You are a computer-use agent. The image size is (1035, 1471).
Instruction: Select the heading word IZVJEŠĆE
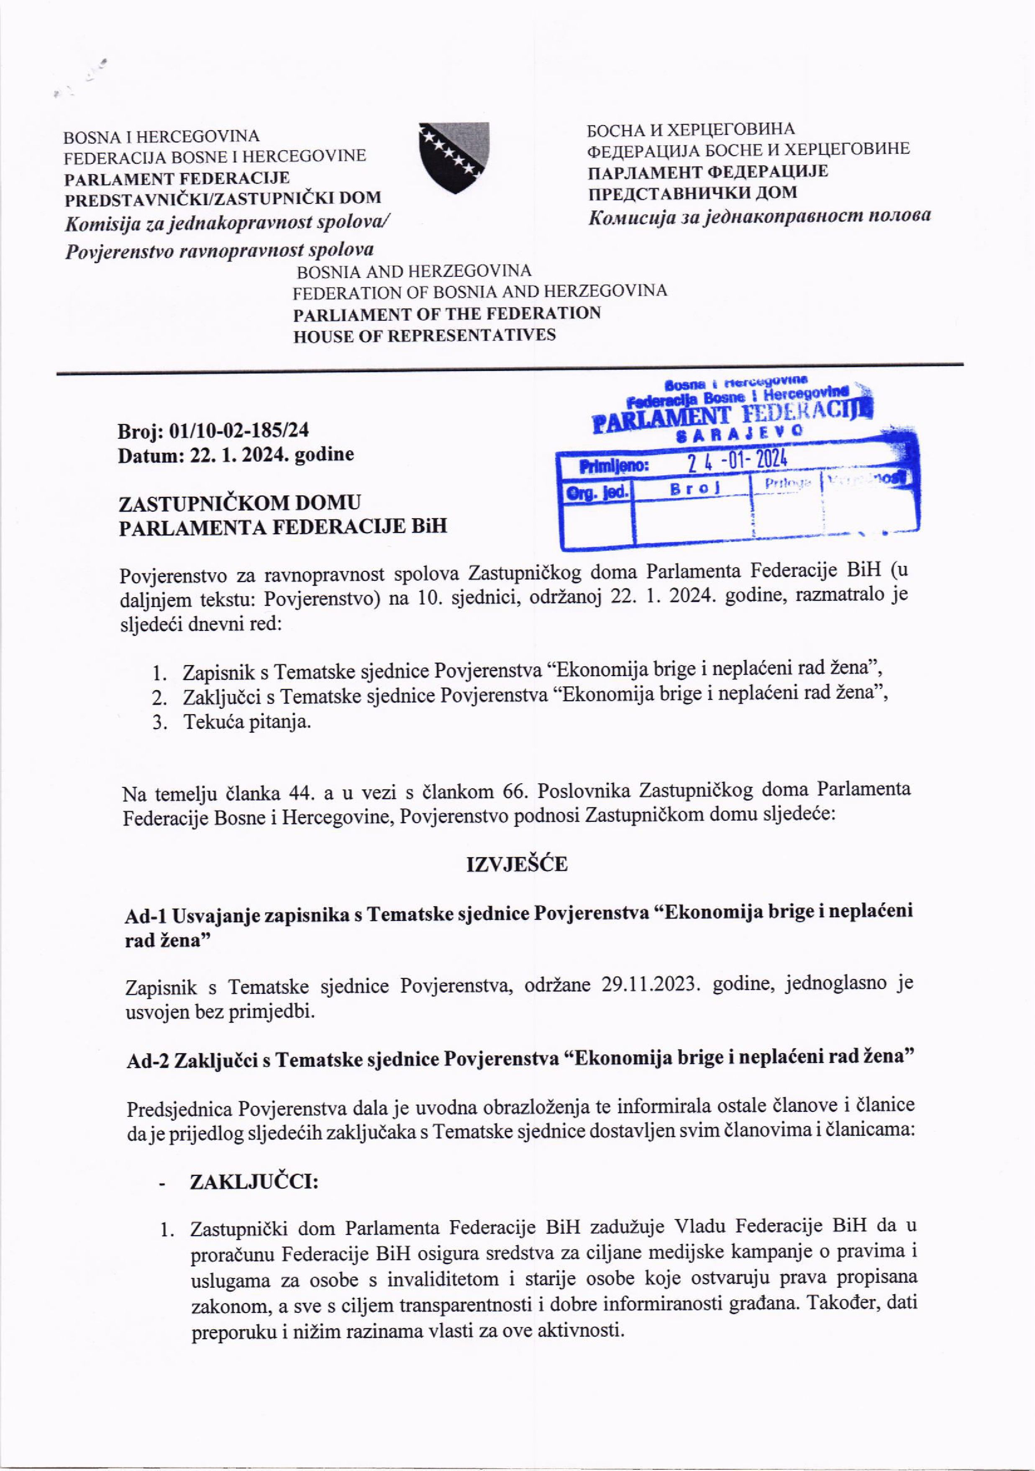coord(517,864)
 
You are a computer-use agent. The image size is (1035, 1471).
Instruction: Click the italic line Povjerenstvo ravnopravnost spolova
coord(219,249)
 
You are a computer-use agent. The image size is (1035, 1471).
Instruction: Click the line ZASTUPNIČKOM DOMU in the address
coord(240,501)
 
